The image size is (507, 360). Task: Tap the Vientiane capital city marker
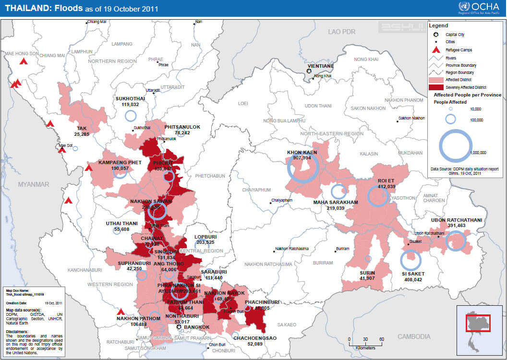(x=309, y=72)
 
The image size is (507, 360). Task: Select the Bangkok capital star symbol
(x=179, y=327)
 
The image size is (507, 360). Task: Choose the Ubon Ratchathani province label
(x=456, y=220)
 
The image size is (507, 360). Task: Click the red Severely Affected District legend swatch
(x=436, y=87)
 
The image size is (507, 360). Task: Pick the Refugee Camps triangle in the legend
(x=436, y=50)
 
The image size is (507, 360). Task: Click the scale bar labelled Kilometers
(x=366, y=342)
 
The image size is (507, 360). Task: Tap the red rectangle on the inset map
(x=478, y=323)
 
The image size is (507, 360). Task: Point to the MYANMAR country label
(x=34, y=184)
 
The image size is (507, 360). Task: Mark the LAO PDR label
(x=341, y=32)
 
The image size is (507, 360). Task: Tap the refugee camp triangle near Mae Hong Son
(x=23, y=61)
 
